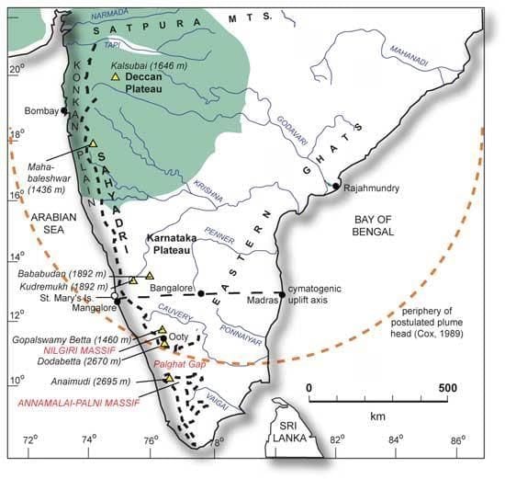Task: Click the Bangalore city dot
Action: (200, 292)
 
